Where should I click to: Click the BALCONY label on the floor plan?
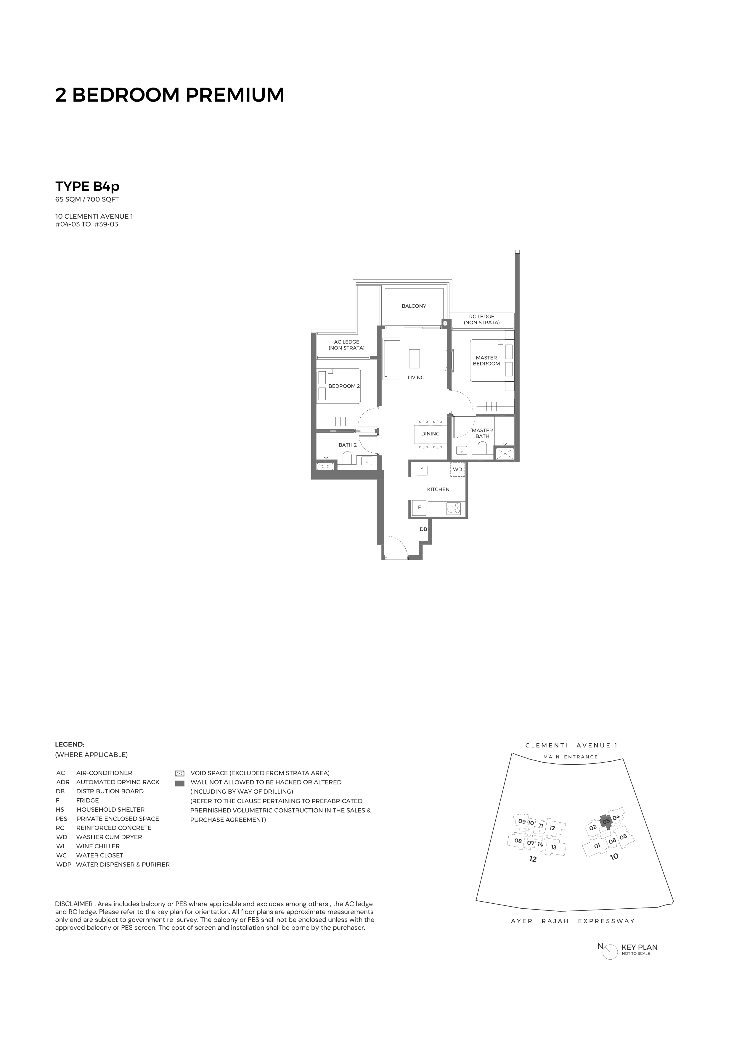[x=414, y=306]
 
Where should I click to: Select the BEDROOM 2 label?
[x=344, y=386]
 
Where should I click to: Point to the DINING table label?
[x=430, y=433]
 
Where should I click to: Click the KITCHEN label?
[x=438, y=489]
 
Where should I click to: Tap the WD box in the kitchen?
[x=458, y=469]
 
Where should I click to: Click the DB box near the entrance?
[x=423, y=529]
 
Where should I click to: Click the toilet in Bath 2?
[x=347, y=459]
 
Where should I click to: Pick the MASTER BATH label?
[x=482, y=433]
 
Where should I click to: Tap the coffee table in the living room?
[x=414, y=359]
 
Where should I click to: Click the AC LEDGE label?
[x=346, y=345]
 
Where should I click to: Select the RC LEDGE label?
[x=482, y=320]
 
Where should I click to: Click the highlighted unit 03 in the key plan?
[x=606, y=820]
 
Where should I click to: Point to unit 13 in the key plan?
[x=554, y=847]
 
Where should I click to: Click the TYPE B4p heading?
[x=87, y=186]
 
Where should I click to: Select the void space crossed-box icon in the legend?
[x=179, y=773]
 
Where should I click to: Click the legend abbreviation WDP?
[x=63, y=864]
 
